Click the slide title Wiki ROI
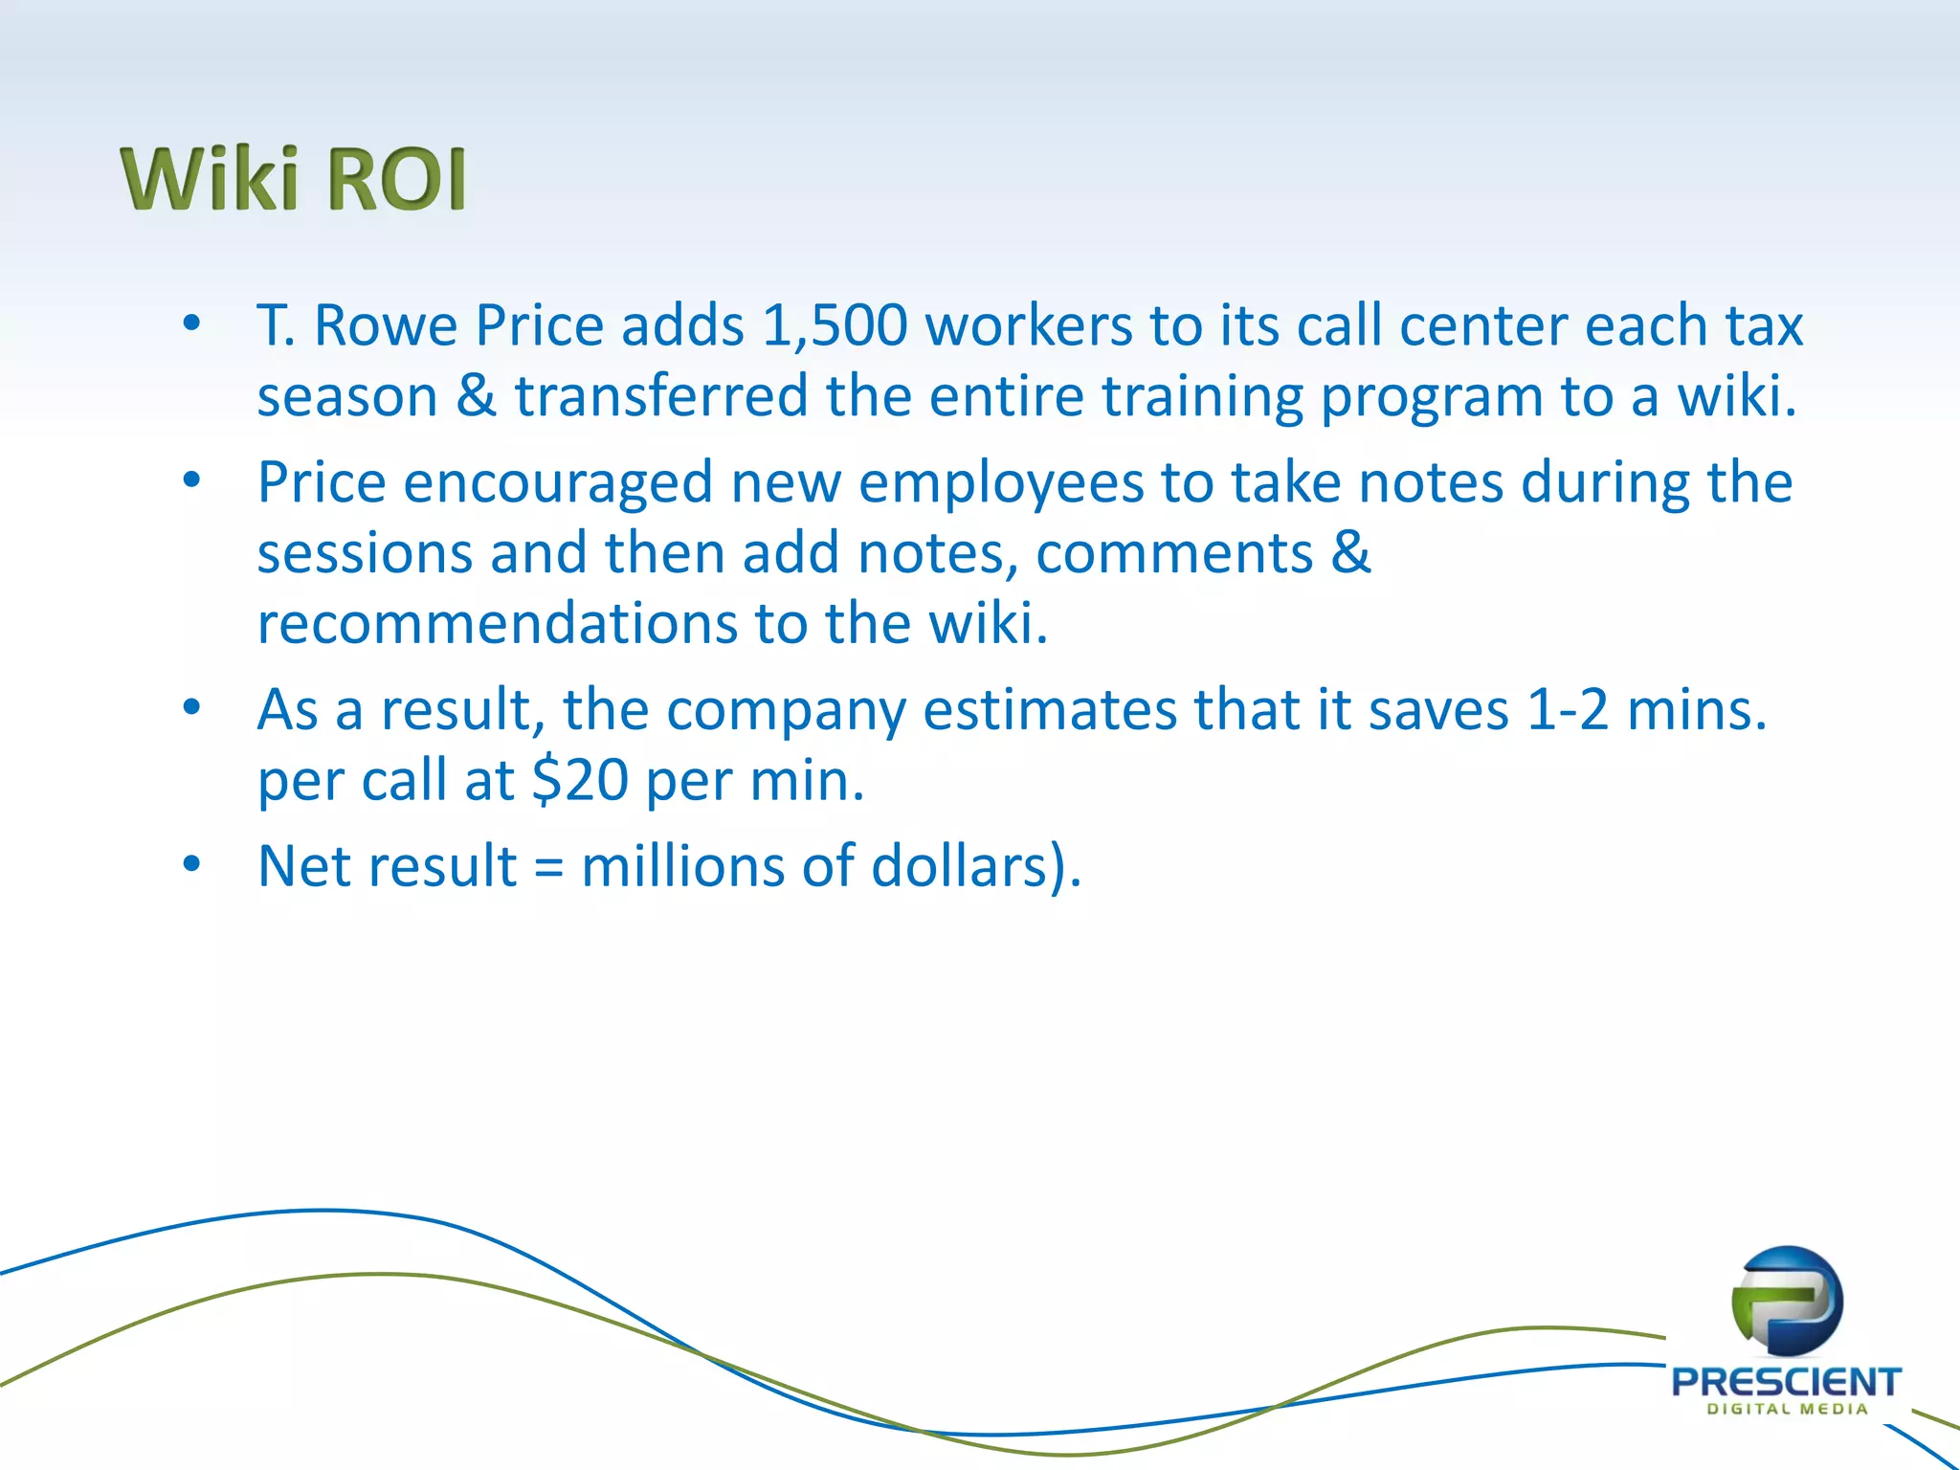pyautogui.click(x=293, y=179)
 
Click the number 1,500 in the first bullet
pyautogui.click(x=834, y=325)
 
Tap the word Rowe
pyautogui.click(x=386, y=325)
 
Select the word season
pyautogui.click(x=347, y=396)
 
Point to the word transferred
pyautogui.click(x=661, y=396)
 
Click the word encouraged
pyautogui.click(x=558, y=482)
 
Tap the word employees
pyautogui.click(x=1001, y=482)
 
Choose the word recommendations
pyautogui.click(x=497, y=623)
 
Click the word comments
pyautogui.click(x=1174, y=553)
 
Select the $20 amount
pyautogui.click(x=580, y=780)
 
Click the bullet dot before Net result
pyautogui.click(x=192, y=864)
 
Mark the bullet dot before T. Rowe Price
pyautogui.click(x=192, y=323)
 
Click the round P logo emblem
pyautogui.click(x=1786, y=1303)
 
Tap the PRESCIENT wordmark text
pyautogui.click(x=1786, y=1382)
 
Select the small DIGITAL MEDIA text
pyautogui.click(x=1787, y=1409)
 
